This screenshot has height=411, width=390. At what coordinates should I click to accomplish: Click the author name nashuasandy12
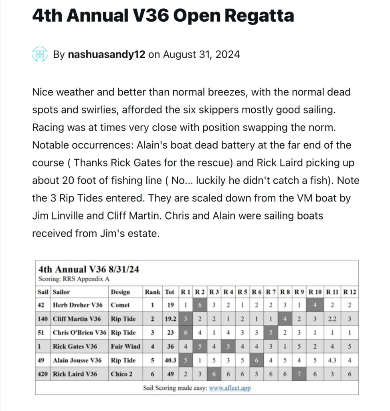click(x=106, y=55)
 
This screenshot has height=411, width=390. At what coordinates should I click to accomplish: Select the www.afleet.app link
click(x=230, y=388)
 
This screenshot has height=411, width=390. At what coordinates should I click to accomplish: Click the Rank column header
click(x=153, y=292)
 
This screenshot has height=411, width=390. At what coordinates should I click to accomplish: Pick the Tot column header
click(x=170, y=292)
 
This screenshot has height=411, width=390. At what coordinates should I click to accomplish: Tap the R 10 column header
click(x=315, y=292)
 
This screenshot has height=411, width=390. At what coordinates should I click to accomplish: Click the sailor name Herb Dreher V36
click(x=77, y=305)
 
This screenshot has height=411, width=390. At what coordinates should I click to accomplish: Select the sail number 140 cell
click(x=43, y=319)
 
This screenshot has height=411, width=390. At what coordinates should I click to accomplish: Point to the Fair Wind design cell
click(x=125, y=346)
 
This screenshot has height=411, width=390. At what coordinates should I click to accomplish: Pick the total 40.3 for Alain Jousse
click(x=170, y=360)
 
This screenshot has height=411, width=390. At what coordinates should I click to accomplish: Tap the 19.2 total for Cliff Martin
click(x=170, y=319)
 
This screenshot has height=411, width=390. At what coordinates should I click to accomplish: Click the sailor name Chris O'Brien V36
click(x=79, y=333)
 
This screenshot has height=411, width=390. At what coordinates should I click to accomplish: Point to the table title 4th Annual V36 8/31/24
click(x=89, y=269)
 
